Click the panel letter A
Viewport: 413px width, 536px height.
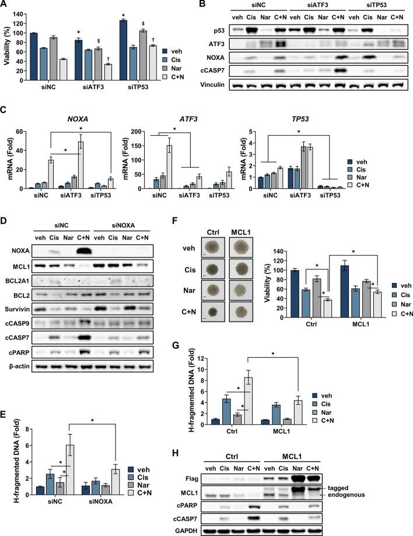5,5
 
